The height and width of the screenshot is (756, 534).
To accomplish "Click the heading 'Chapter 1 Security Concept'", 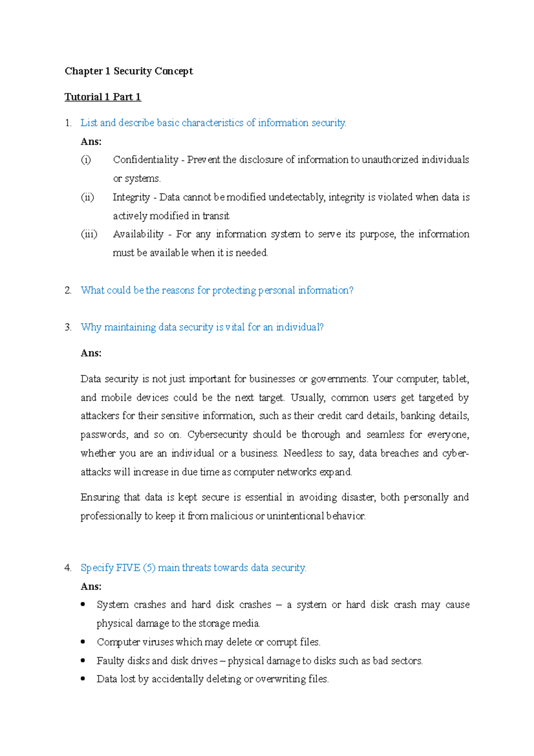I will point(129,71).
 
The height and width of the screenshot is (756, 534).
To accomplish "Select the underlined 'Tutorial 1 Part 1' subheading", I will point(103,97).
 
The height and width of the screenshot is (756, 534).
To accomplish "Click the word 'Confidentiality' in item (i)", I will point(146,160).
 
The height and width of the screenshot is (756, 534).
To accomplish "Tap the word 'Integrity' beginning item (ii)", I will point(131,197).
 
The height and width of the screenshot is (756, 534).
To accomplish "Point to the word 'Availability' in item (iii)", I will point(138,234).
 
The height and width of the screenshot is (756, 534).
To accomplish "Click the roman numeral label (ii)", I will point(87,197).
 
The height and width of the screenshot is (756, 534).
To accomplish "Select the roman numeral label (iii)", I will point(89,234).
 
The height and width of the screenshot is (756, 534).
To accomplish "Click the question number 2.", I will point(68,290).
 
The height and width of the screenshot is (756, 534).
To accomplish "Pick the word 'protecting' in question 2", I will point(234,291).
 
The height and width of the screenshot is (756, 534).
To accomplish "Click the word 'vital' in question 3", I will point(235,327).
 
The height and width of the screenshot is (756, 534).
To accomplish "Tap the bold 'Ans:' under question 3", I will point(91,353).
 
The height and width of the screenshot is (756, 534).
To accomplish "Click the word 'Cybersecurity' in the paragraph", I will point(217,435).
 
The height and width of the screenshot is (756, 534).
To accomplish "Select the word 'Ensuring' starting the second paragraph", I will point(99,497).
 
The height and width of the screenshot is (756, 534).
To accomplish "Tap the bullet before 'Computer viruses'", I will point(83,642).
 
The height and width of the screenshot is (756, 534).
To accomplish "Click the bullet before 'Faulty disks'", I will point(83,660).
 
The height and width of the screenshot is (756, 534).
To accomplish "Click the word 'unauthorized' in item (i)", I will point(390,160).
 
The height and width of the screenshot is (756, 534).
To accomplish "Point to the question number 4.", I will point(68,568).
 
